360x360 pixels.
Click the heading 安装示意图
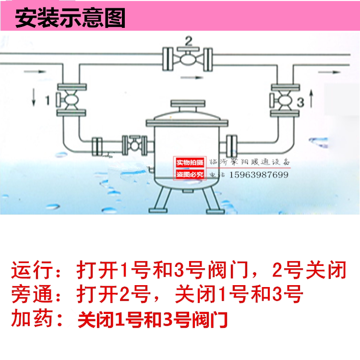71,19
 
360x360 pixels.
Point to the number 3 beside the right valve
300,102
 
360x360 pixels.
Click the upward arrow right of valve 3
312,100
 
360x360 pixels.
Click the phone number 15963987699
260,175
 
